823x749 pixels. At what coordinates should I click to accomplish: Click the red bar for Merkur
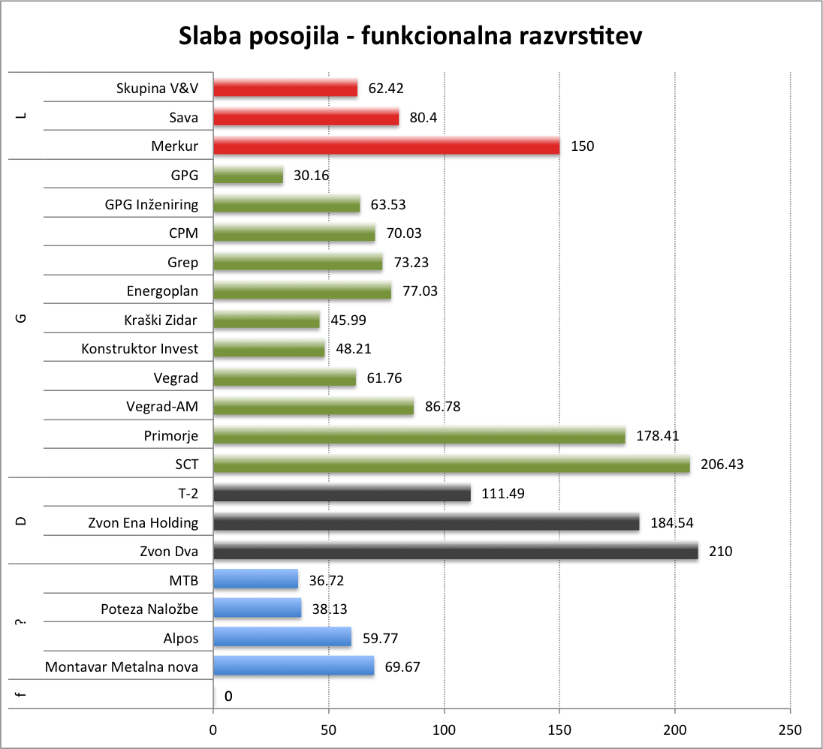(x=387, y=146)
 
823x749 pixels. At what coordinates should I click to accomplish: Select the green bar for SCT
(x=451, y=465)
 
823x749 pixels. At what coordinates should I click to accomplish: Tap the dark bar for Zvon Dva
(x=456, y=552)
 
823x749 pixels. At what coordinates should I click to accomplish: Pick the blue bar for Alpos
(x=282, y=637)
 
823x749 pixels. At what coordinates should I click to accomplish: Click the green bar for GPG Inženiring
(x=287, y=205)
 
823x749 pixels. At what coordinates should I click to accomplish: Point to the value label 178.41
(x=658, y=436)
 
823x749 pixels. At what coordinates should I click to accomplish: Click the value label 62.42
(x=386, y=89)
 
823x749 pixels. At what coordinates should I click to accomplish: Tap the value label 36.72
(x=327, y=580)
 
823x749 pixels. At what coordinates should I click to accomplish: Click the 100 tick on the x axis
(x=444, y=729)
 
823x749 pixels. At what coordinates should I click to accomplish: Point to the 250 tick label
(x=790, y=729)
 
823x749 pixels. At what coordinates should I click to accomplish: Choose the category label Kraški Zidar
(x=161, y=320)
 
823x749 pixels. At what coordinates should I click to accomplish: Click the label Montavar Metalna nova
(x=122, y=666)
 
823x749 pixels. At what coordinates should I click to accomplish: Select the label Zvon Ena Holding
(x=143, y=523)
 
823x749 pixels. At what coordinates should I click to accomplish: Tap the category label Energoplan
(x=163, y=291)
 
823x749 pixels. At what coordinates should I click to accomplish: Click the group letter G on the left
(x=21, y=318)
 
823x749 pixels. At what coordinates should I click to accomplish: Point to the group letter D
(x=21, y=522)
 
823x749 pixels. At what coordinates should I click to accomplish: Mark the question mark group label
(x=21, y=623)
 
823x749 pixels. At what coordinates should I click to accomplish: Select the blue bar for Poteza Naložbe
(x=258, y=609)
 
